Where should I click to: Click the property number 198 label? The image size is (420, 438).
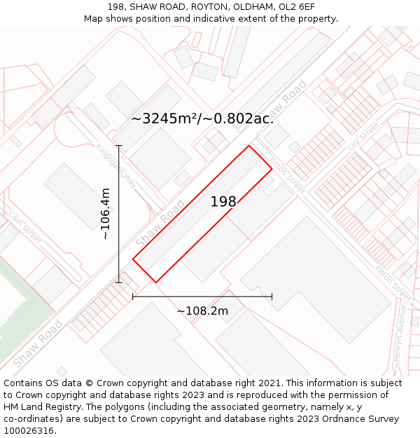click(223, 202)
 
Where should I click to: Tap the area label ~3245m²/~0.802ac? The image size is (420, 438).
click(202, 118)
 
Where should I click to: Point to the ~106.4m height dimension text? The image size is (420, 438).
click(105, 214)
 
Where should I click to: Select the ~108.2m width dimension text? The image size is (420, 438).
click(202, 310)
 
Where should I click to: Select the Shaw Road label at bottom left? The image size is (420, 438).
click(37, 343)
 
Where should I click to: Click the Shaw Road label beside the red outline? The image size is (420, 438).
click(160, 223)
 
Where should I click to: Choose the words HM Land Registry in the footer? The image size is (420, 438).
click(39, 407)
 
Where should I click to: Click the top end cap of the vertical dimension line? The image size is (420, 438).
click(119, 146)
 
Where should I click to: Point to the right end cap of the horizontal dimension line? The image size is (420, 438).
click(272, 296)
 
